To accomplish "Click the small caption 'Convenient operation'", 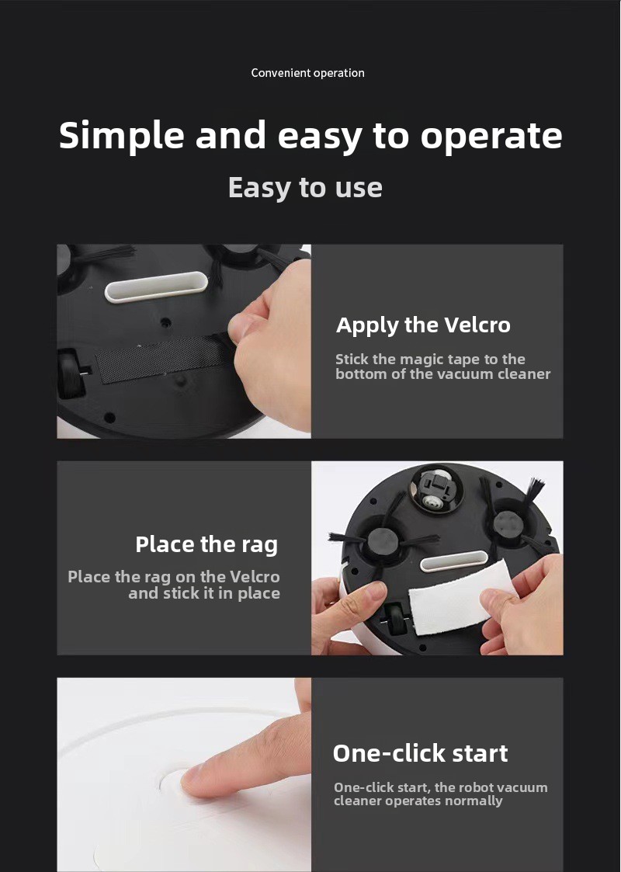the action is [x=307, y=73].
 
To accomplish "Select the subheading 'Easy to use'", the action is [x=305, y=188].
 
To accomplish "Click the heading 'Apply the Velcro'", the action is [x=423, y=325].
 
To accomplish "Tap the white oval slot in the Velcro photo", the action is [x=156, y=287].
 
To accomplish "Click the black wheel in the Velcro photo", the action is [x=70, y=373].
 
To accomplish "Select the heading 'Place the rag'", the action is [x=206, y=545].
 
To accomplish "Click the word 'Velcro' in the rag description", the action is [x=255, y=577].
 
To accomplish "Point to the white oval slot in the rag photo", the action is [x=453, y=561].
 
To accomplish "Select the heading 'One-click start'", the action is [x=420, y=753].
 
